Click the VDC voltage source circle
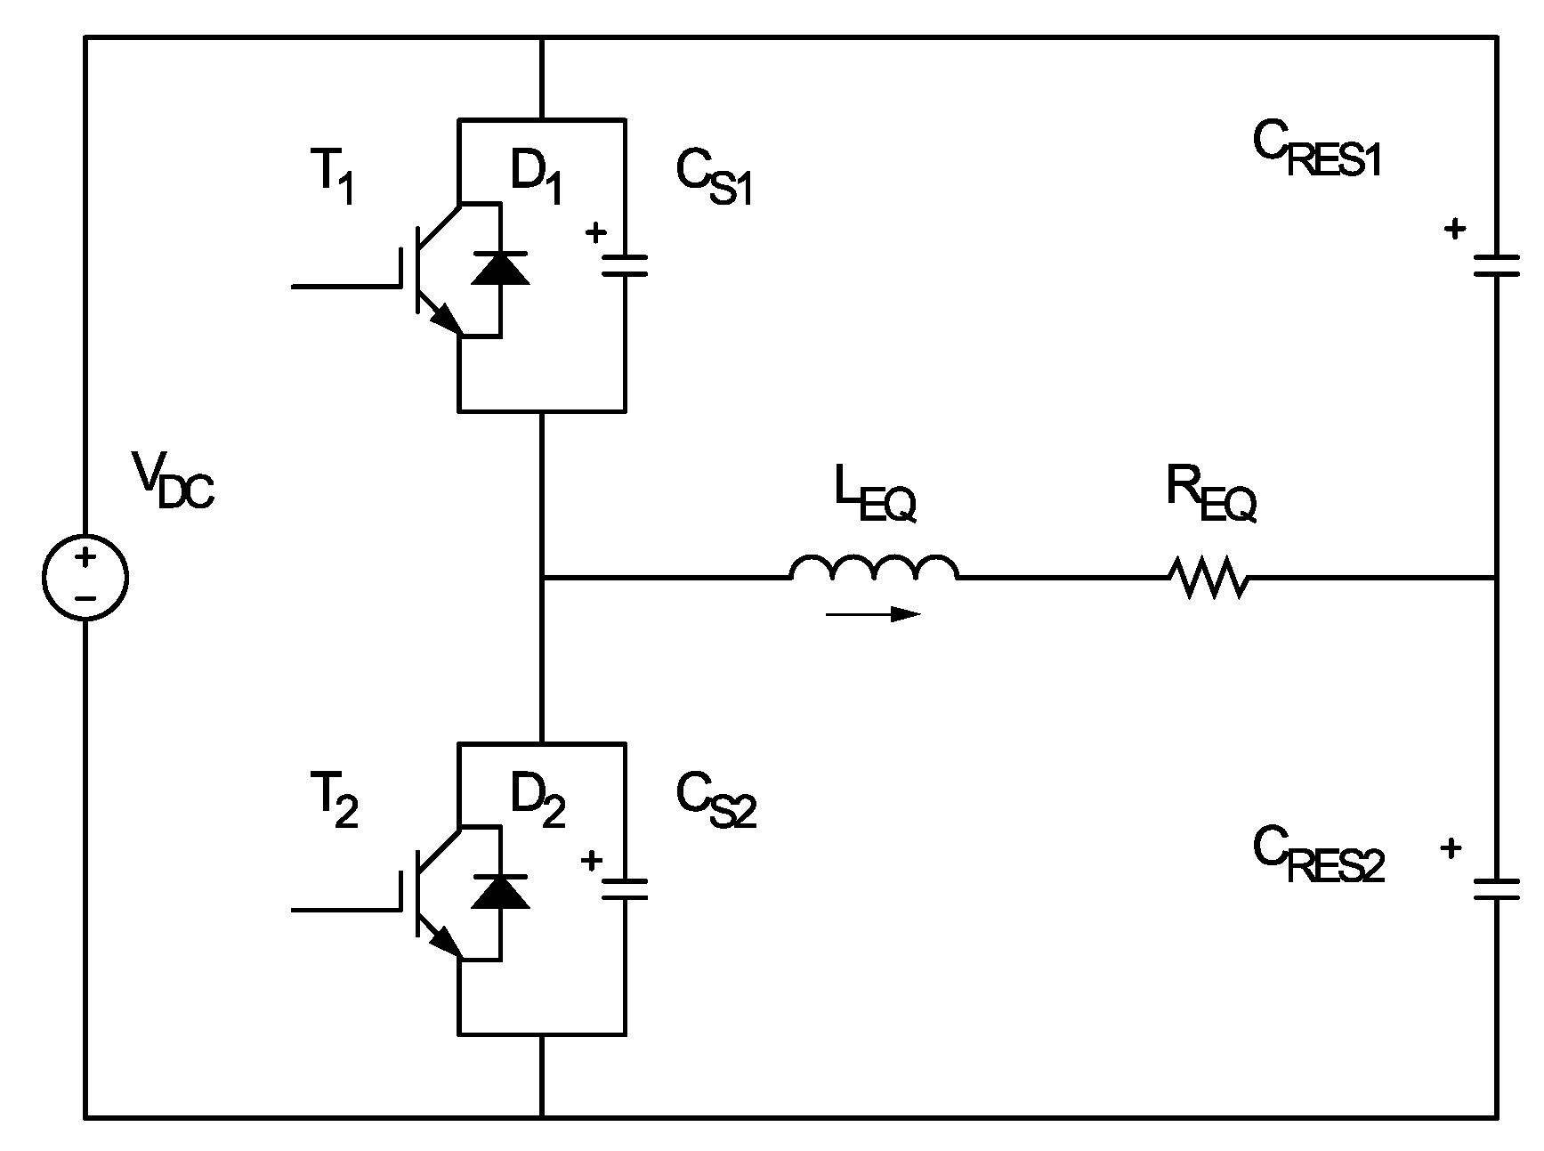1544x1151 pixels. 85,577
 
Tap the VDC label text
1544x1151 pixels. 174,482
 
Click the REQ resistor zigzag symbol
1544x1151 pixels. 1209,577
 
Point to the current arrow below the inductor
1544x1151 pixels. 872,614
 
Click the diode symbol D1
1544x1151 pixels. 500,267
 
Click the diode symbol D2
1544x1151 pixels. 500,890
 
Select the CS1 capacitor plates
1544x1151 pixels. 625,265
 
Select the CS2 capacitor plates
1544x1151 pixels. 625,888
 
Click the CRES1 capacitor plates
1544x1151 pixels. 1496,265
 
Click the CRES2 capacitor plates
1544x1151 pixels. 1496,888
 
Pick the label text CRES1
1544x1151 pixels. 1317,151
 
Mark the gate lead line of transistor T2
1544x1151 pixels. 347,910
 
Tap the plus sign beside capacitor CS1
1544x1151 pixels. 595,232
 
